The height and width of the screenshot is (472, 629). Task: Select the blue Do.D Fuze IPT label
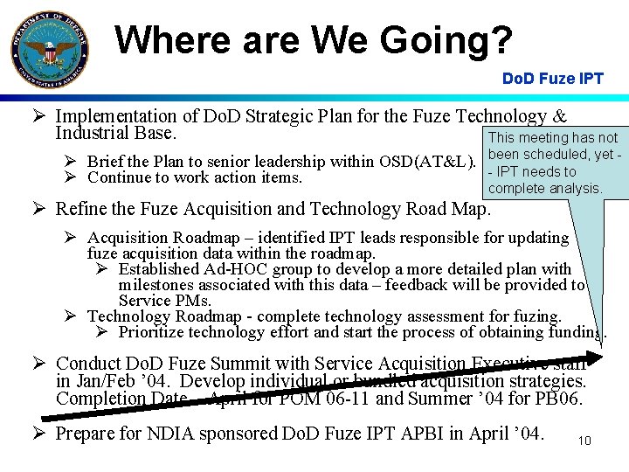(552, 79)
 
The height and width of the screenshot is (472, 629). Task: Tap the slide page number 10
(584, 441)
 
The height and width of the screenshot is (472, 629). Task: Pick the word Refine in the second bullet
(79, 209)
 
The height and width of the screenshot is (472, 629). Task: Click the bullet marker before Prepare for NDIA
(40, 434)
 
